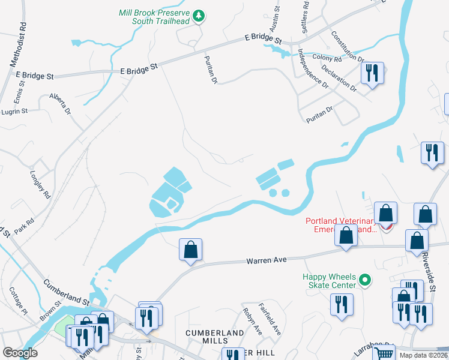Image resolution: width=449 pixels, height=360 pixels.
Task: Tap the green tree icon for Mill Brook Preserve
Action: [199, 17]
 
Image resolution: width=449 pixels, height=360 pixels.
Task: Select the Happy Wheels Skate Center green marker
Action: [364, 280]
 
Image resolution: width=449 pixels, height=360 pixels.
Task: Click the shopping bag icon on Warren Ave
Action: [190, 250]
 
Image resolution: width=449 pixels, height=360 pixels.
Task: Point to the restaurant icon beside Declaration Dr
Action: [372, 74]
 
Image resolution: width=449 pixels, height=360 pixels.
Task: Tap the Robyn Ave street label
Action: [253, 321]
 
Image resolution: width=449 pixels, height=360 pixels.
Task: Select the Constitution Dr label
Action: [348, 47]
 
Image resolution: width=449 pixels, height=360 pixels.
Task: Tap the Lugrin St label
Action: [14, 112]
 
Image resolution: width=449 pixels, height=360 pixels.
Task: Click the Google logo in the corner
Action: [20, 352]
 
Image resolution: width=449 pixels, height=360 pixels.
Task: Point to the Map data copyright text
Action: [424, 355]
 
